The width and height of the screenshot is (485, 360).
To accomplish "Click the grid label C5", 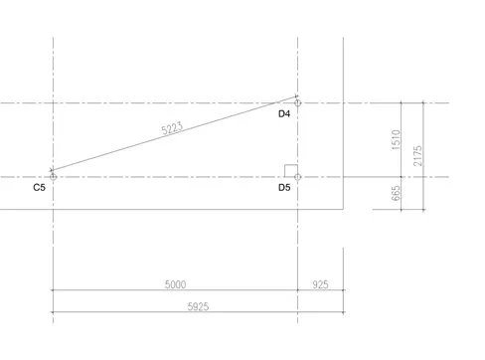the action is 39,188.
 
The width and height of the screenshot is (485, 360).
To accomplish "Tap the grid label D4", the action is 284,114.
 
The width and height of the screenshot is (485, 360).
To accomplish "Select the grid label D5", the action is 284,188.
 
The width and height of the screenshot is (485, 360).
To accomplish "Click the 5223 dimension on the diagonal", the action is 172,128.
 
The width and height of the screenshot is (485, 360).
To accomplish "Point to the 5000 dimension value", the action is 175,284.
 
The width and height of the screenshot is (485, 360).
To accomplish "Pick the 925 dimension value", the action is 320,284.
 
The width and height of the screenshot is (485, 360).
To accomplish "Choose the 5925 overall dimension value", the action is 198,306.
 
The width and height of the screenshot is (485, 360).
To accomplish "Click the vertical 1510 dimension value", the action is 396,140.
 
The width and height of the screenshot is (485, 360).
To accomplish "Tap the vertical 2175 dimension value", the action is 417,156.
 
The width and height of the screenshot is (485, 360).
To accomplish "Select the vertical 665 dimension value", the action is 396,193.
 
